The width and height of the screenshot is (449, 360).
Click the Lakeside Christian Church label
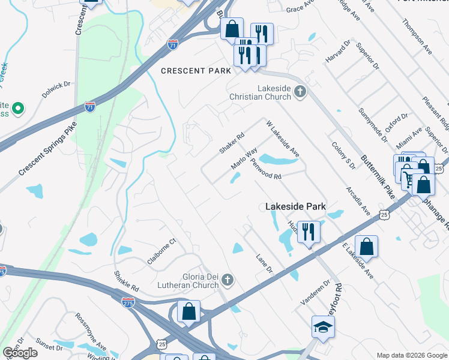(x=274, y=94)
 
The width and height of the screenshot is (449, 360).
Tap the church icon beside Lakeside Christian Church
(x=300, y=92)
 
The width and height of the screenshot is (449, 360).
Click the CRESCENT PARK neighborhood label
(x=196, y=71)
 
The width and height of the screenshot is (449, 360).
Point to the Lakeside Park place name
(x=295, y=206)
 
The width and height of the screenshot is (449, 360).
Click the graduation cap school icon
(x=323, y=327)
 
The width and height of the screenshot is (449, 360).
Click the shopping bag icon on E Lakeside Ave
(x=366, y=246)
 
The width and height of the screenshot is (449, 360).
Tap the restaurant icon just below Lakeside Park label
(x=309, y=231)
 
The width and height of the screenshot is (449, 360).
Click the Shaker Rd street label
(x=232, y=143)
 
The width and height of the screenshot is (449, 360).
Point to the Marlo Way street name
(x=244, y=158)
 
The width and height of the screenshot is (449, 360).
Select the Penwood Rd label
(x=266, y=170)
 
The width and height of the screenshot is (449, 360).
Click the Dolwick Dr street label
(x=56, y=91)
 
